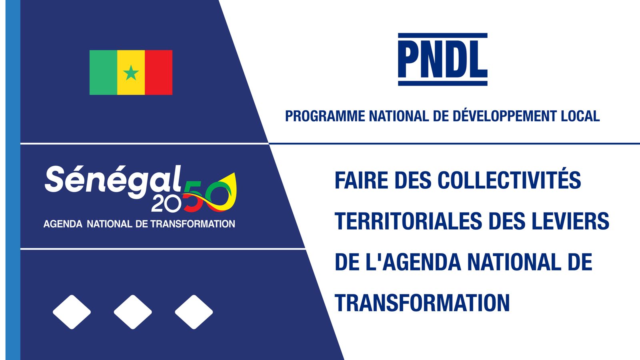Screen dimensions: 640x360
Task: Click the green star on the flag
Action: click(131, 72)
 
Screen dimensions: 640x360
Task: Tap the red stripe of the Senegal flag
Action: click(158, 72)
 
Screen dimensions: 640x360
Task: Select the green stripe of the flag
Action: click(104, 72)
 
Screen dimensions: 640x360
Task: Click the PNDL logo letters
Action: click(442, 60)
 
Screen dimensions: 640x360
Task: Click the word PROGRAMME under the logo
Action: click(325, 116)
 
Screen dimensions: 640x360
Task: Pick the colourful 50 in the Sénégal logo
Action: click(210, 192)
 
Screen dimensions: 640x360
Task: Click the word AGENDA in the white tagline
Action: click(63, 224)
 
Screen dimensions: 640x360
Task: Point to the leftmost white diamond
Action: click(72, 312)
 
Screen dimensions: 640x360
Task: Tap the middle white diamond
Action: click(133, 312)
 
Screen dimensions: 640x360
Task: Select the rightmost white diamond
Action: click(194, 312)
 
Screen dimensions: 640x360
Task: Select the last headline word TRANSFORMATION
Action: click(422, 303)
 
